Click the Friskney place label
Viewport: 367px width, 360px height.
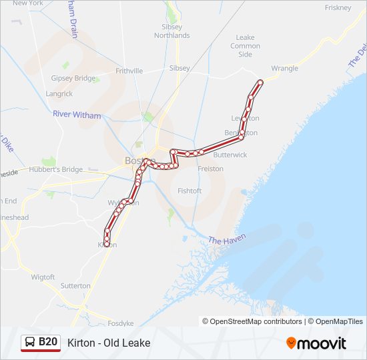tap(338, 7)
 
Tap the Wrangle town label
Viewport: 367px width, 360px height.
tap(285, 68)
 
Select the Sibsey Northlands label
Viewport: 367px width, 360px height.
tap(171, 31)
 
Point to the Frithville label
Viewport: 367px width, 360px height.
tap(129, 71)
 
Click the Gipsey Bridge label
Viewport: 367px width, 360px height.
tap(73, 78)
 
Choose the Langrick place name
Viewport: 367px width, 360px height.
tap(59, 94)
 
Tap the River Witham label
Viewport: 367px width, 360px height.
tap(77, 115)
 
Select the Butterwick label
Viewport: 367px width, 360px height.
tap(230, 155)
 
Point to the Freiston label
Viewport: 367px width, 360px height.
tap(211, 169)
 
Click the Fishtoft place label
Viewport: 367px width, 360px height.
tap(190, 191)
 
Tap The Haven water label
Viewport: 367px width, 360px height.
tap(227, 239)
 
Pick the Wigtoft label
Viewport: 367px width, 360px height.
tap(43, 276)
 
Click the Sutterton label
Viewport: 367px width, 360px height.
tap(75, 285)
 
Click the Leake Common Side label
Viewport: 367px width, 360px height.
tap(245, 46)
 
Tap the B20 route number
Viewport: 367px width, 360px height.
tap(48, 343)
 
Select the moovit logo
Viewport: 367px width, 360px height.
tap(316, 343)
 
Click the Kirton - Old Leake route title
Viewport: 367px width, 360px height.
tap(109, 343)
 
